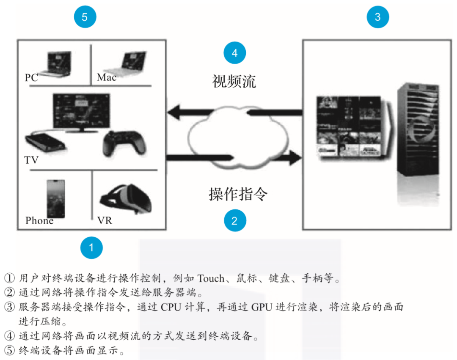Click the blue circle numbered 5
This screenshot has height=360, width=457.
[85, 16]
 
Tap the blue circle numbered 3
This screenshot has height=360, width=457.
[378, 16]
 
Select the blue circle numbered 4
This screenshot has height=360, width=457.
[234, 53]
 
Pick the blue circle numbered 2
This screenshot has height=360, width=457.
[235, 220]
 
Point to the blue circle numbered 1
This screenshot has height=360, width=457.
[91, 247]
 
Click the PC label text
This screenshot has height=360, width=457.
[31, 77]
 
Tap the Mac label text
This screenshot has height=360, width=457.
[106, 77]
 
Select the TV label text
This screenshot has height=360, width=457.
[31, 160]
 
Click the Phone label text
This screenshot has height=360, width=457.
[39, 220]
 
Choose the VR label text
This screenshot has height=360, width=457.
[105, 220]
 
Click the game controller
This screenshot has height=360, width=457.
[124, 143]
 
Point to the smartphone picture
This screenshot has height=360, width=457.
[56, 199]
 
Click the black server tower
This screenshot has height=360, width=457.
[418, 129]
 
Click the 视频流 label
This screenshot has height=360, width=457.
[234, 81]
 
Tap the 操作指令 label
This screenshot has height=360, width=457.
[238, 194]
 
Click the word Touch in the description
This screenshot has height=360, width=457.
[211, 278]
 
